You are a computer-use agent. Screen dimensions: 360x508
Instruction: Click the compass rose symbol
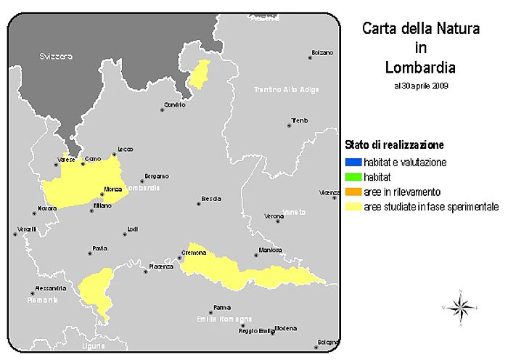click(x=459, y=308)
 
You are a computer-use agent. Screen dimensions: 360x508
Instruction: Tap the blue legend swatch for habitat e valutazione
click(x=351, y=162)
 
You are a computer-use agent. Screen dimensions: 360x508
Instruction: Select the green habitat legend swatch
click(x=351, y=176)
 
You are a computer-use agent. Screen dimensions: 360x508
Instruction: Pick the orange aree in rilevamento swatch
click(x=351, y=192)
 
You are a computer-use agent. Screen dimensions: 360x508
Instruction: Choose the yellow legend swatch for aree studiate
click(x=351, y=207)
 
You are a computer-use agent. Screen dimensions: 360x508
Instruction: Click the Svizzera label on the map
click(x=56, y=56)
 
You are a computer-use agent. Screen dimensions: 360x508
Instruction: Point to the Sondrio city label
click(x=174, y=105)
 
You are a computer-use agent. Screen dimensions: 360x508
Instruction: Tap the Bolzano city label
click(x=321, y=52)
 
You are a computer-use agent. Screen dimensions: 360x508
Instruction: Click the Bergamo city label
click(x=156, y=176)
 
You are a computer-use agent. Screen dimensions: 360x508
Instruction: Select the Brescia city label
click(x=211, y=198)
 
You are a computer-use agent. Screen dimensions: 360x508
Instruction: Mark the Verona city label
click(x=274, y=216)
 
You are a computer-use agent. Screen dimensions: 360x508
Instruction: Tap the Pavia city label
click(x=99, y=248)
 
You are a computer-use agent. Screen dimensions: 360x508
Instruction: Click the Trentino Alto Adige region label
click(x=286, y=89)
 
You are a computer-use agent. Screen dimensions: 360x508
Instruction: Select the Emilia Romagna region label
click(x=224, y=319)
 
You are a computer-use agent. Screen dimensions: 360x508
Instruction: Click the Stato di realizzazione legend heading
click(x=394, y=145)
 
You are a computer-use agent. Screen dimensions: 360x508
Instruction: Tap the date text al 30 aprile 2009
click(x=421, y=85)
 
